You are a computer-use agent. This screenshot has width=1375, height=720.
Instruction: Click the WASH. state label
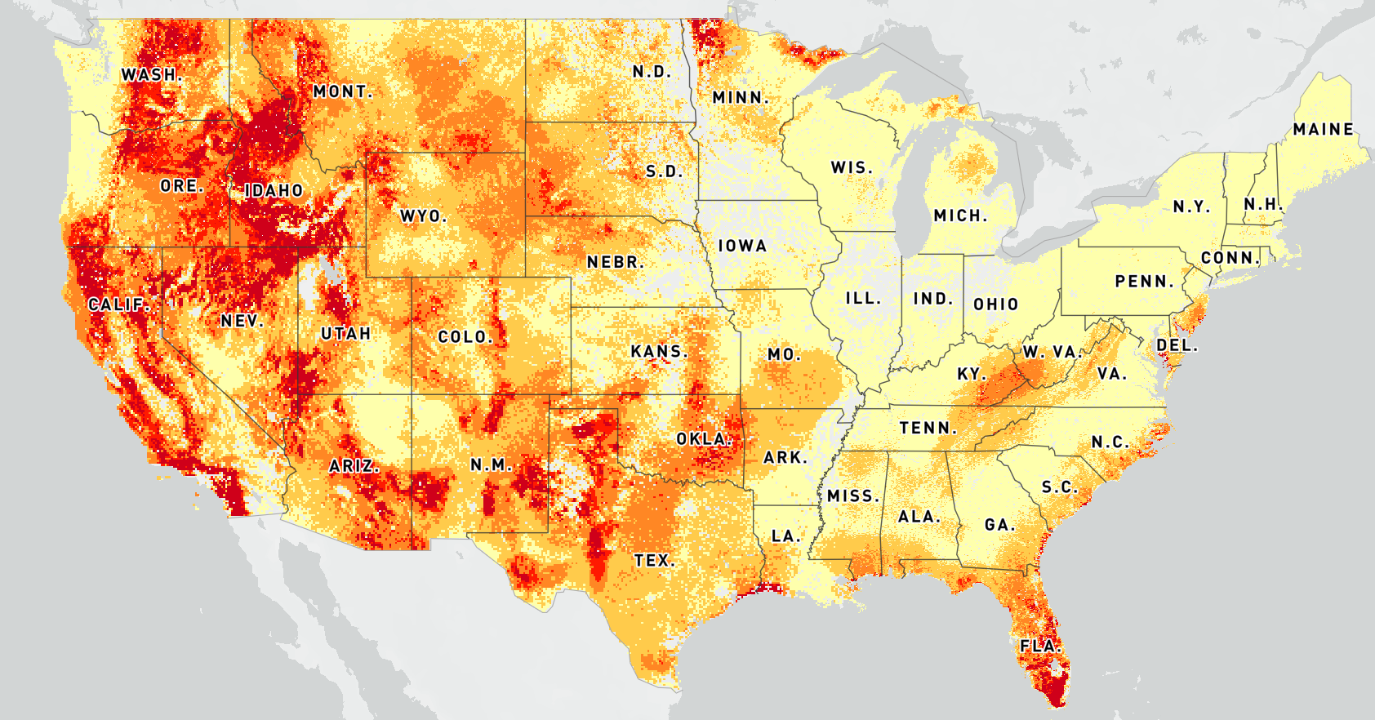pyautogui.click(x=151, y=75)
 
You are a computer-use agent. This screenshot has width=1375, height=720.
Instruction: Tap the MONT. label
pyautogui.click(x=343, y=92)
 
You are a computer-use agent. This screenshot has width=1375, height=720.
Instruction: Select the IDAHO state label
pyautogui.click(x=274, y=191)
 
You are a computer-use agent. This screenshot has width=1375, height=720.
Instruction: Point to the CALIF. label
pyautogui.click(x=118, y=304)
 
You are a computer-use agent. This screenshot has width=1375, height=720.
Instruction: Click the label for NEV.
pyautogui.click(x=241, y=322)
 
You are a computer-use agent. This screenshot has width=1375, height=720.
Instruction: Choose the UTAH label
pyautogui.click(x=346, y=334)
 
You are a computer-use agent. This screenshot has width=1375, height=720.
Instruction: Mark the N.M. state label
pyautogui.click(x=492, y=465)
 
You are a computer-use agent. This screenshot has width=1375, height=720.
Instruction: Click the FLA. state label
pyautogui.click(x=1040, y=646)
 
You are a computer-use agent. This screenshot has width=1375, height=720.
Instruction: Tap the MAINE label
pyautogui.click(x=1324, y=130)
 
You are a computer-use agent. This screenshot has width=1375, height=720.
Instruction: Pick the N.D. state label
pyautogui.click(x=652, y=72)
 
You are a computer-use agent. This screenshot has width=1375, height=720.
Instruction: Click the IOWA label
pyautogui.click(x=742, y=246)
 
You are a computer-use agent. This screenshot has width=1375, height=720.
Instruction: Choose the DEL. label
pyautogui.click(x=1177, y=346)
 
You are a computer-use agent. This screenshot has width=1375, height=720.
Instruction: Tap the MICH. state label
pyautogui.click(x=960, y=216)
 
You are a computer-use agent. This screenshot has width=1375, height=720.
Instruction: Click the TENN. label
pyautogui.click(x=928, y=428)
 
